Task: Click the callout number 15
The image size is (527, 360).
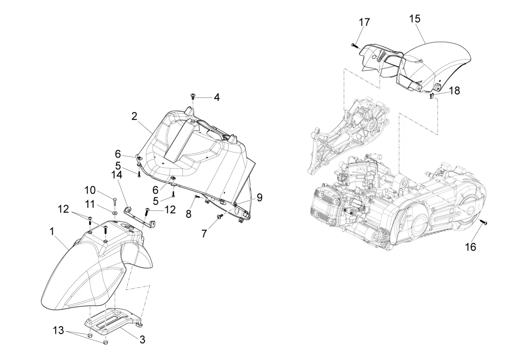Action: pos(415,19)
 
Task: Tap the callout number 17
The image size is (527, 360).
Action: pos(364,22)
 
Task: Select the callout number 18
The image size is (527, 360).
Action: pos(454,91)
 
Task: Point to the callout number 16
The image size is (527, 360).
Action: pos(471,247)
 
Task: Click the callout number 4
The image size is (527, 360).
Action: pos(217,97)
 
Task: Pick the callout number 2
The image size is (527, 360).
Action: pos(135,117)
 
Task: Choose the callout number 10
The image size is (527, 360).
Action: pos(90,190)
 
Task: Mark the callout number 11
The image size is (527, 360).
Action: pos(90,204)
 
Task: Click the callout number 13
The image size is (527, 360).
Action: pos(58,330)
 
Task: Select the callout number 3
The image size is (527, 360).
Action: pos(143,340)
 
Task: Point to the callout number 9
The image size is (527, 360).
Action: pos(259,197)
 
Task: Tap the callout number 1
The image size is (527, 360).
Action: pos(52,232)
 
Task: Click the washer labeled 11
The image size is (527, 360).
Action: pos(115,213)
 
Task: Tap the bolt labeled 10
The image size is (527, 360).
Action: pos(114,201)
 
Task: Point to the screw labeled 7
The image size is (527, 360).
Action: pos(220,217)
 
